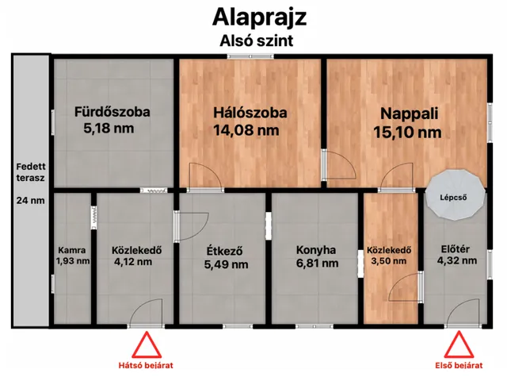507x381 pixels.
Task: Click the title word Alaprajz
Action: tap(253, 17)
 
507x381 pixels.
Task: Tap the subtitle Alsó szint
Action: tap(253, 40)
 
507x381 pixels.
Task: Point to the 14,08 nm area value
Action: tap(246, 129)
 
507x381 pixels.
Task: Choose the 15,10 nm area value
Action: tap(407, 133)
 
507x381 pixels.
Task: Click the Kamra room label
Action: tap(72, 248)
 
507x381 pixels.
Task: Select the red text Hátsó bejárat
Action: tap(145, 365)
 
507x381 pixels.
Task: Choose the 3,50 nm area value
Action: tap(388, 260)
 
